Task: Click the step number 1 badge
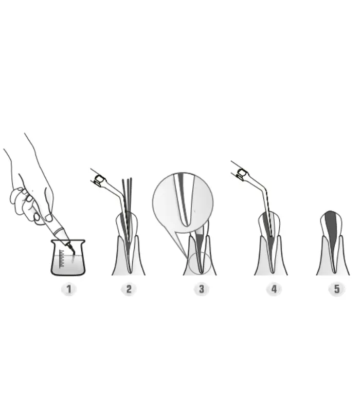(x=69, y=289)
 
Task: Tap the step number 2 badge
(x=129, y=289)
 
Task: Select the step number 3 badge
(x=201, y=289)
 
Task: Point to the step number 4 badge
(x=274, y=289)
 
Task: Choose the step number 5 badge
(x=337, y=289)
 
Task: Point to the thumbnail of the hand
(x=48, y=217)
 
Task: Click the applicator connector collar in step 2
(x=99, y=180)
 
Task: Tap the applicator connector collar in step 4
(x=242, y=174)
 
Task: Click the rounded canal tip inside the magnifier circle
(x=186, y=223)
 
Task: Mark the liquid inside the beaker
(x=68, y=264)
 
